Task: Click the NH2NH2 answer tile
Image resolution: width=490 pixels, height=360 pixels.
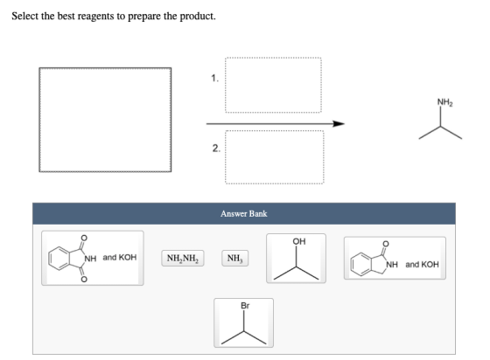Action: pos(183,258)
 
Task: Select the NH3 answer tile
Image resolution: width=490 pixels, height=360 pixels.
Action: pos(235,258)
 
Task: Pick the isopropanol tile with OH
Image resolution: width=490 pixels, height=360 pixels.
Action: pos(296,259)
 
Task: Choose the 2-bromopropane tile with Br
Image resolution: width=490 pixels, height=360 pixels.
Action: pos(243,322)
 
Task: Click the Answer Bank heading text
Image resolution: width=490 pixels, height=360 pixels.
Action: pos(244,214)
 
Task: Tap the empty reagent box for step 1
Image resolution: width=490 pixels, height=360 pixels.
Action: pos(273,85)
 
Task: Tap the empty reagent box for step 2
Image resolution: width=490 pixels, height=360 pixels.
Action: pos(275,157)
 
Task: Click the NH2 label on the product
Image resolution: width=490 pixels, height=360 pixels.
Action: pos(444,102)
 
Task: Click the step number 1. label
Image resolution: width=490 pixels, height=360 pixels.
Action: pos(214,78)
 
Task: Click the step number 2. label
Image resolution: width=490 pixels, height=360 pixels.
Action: pos(216,149)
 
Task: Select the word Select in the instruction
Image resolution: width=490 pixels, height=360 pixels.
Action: pos(25,16)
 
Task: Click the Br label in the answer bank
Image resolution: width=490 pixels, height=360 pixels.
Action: pos(245,306)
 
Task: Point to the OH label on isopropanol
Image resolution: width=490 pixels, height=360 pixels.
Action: pos(299,241)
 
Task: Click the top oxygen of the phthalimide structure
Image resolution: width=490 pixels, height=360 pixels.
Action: pos(84,238)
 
